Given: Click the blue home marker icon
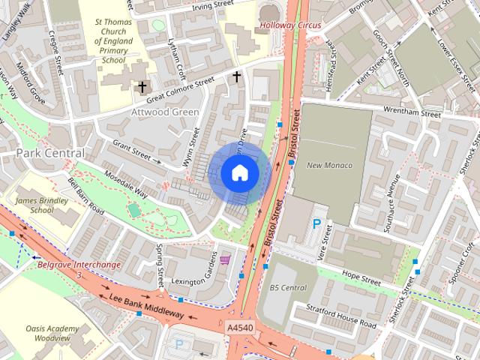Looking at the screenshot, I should coord(239,173).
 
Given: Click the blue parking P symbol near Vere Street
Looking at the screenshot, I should coord(317,224).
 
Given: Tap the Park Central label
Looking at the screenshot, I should coord(50,153).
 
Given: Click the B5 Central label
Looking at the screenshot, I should coord(288,287).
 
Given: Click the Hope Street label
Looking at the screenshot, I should coord(361,276).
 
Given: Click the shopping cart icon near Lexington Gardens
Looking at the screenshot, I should coord(225,260).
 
